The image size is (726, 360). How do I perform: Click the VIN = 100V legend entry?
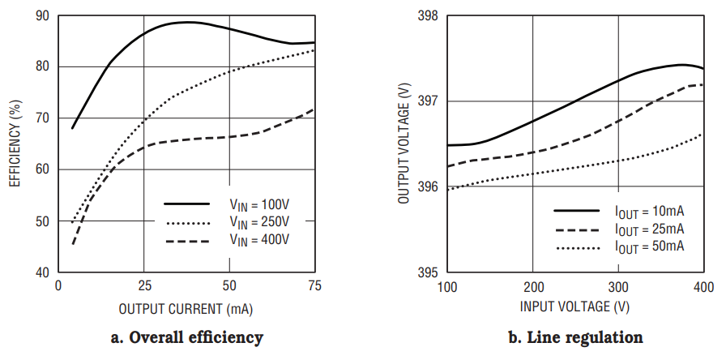point(258,204)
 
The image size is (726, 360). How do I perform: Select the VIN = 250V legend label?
point(258,222)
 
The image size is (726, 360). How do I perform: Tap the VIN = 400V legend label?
point(258,240)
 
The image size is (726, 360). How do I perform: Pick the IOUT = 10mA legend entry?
point(649,211)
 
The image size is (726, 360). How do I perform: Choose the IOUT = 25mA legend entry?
point(649,228)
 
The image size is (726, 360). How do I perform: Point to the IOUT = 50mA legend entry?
point(649,245)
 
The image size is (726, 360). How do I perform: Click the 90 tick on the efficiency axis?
point(42,16)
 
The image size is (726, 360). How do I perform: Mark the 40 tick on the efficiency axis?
point(42,272)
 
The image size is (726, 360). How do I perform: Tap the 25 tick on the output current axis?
point(143,286)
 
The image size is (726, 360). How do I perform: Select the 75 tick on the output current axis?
point(314,286)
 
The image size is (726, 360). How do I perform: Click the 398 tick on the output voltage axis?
point(428,16)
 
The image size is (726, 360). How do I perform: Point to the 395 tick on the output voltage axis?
point(428,272)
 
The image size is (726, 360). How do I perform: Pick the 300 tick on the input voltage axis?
point(618,286)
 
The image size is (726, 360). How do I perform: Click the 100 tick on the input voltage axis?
point(447,286)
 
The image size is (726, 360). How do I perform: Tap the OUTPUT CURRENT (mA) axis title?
point(186,309)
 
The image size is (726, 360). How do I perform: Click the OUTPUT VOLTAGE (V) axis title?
point(403,144)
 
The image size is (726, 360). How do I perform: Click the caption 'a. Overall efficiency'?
point(186,336)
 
